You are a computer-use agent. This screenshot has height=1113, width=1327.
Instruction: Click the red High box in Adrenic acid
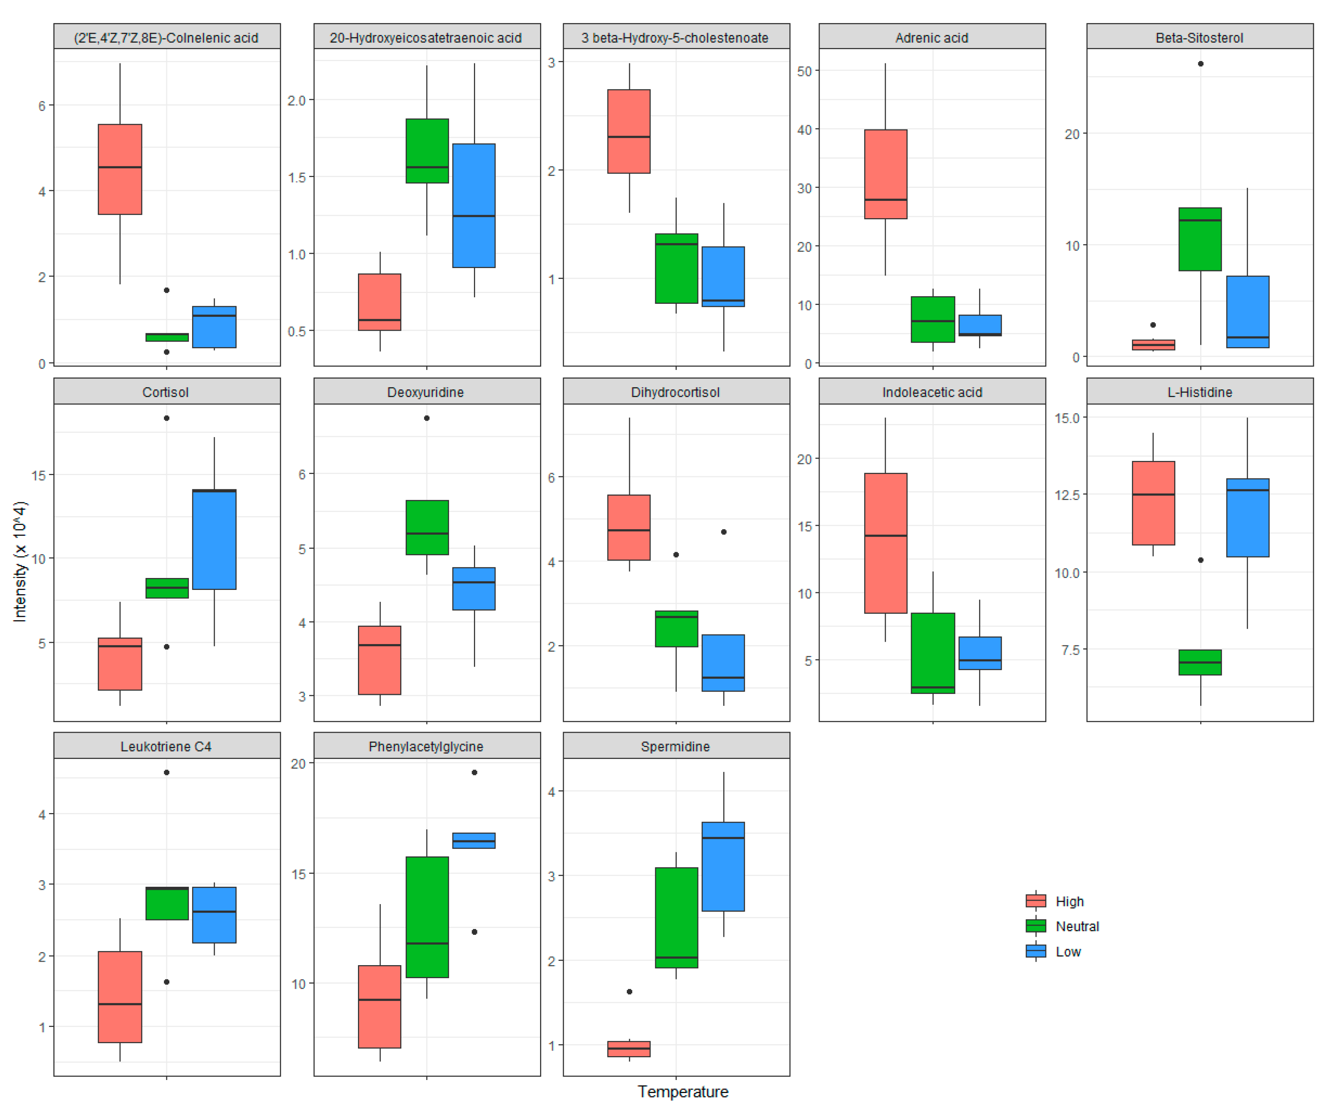click(x=885, y=174)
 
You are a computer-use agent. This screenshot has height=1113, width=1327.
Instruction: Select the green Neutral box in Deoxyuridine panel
click(x=427, y=527)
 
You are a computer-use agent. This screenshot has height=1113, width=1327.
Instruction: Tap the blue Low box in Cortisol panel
click(x=214, y=539)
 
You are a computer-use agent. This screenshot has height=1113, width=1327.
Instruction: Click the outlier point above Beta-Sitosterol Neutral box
click(x=1201, y=64)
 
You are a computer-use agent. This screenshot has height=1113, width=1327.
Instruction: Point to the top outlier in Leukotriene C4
click(x=167, y=772)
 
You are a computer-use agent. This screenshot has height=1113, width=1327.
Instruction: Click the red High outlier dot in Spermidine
click(x=630, y=992)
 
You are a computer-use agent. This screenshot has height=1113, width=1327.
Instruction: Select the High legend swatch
click(x=1036, y=901)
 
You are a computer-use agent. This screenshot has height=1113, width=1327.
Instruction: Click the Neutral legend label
click(x=1077, y=927)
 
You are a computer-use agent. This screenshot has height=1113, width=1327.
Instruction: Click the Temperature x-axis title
click(x=683, y=1091)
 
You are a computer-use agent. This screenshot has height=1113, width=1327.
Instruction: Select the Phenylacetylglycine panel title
click(x=426, y=747)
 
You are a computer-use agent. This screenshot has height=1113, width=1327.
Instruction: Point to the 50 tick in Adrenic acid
click(x=804, y=71)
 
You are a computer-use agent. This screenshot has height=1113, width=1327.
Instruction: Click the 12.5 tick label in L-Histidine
click(x=1067, y=495)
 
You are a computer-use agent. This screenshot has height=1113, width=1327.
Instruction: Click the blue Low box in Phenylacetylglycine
click(x=474, y=841)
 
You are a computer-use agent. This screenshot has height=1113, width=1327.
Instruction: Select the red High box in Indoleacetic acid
click(x=885, y=543)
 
